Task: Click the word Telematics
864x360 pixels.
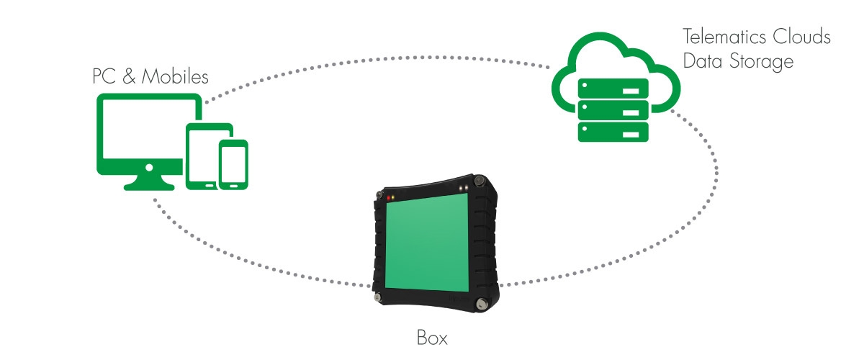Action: click(725, 37)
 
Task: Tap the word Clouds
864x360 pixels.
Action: click(802, 37)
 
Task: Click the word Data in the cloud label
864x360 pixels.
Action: click(703, 61)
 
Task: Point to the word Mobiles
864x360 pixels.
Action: click(175, 76)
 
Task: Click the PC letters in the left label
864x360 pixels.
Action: click(104, 76)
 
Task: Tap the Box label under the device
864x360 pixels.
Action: click(432, 338)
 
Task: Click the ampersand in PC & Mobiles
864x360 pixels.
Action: click(129, 76)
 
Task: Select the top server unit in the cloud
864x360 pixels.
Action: click(613, 89)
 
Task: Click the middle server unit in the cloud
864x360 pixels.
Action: click(613, 110)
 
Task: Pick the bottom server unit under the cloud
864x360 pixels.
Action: click(613, 132)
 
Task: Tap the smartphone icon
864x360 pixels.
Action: click(233, 164)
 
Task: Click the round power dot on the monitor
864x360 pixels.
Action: click(149, 168)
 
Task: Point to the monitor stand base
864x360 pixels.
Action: click(149, 186)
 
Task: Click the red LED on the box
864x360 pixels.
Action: click(388, 198)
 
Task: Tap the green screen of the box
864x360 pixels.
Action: click(427, 243)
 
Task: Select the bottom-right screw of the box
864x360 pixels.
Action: click(481, 303)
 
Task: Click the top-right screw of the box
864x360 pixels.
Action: click(480, 181)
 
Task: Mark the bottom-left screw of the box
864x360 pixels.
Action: click(377, 297)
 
